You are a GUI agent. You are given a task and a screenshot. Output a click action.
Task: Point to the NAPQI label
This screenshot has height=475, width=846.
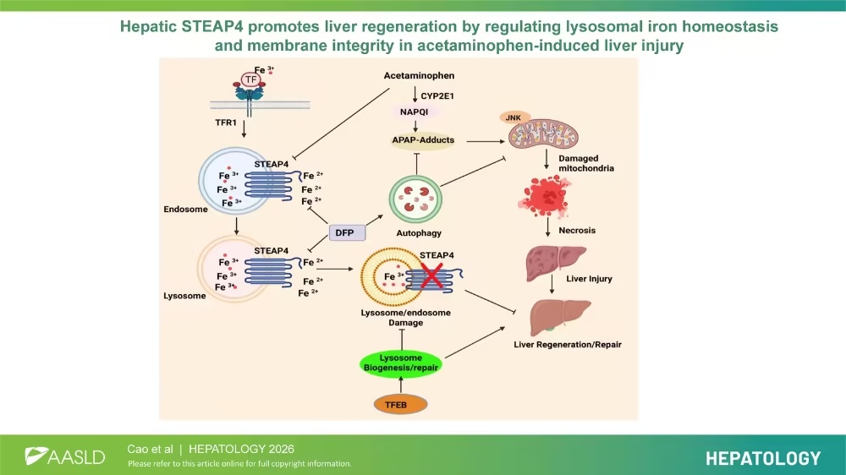point(417,111)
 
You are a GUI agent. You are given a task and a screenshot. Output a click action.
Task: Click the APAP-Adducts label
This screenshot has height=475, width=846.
point(422,139)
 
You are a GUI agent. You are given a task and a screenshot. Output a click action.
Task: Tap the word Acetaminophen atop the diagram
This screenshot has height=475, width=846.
point(419,77)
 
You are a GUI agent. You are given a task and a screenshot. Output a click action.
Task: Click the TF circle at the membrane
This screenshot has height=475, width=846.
point(250,79)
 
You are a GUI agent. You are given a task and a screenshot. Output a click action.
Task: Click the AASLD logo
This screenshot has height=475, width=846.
point(63,456)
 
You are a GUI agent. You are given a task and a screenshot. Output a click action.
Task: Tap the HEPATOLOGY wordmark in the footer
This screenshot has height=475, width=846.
point(763,458)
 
